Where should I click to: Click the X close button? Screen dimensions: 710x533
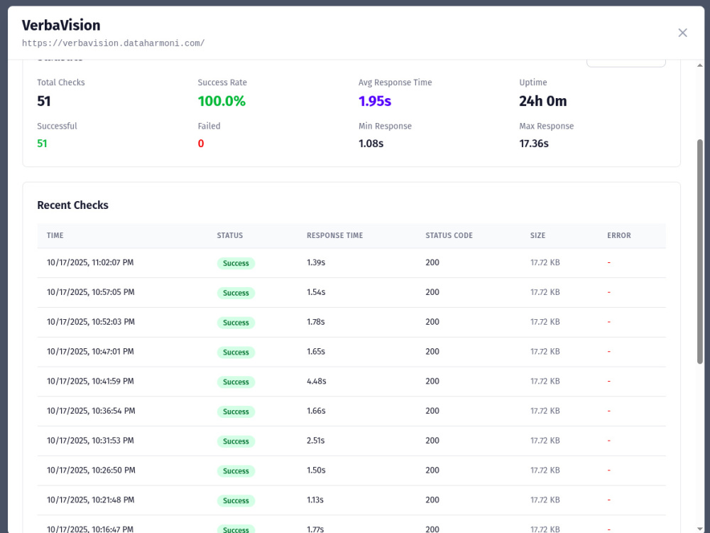pos(682,33)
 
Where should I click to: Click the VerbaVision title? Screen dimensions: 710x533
pos(61,26)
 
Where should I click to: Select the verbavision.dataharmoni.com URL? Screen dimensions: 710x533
pos(113,43)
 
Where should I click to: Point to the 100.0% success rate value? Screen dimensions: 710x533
pos(222,101)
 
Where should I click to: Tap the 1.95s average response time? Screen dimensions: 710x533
pos(374,101)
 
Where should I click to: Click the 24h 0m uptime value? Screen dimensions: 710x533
pos(543,101)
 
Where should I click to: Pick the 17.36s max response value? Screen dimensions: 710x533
pos(534,144)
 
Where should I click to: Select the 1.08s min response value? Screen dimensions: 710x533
pos(371,144)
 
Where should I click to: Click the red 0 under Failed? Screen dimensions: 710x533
pos(201,144)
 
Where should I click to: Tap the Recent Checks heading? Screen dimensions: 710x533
pos(73,205)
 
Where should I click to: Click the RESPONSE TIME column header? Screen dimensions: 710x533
pos(334,236)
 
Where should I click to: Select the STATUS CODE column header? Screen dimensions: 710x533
pos(449,236)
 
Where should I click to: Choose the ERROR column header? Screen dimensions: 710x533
pos(618,236)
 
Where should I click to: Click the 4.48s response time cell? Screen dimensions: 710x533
pos(317,381)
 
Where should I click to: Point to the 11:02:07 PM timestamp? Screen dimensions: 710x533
pos(112,262)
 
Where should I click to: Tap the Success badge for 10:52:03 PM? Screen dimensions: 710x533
pos(236,323)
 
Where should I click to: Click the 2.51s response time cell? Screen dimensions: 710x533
pos(316,441)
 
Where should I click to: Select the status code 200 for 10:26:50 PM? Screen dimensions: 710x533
pos(432,470)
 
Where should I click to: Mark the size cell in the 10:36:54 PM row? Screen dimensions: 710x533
pos(545,411)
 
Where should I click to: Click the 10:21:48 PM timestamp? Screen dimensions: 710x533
pos(113,500)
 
